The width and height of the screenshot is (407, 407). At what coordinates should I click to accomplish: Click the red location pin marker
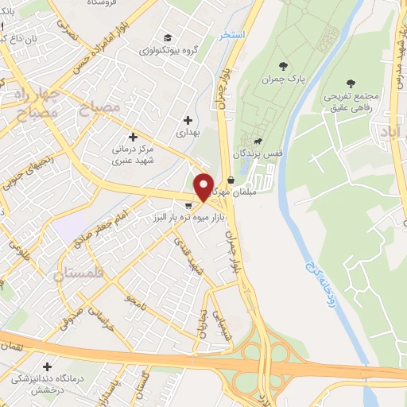pyautogui.click(x=204, y=186)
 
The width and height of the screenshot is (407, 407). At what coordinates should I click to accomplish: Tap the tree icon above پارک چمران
pyautogui.click(x=284, y=65)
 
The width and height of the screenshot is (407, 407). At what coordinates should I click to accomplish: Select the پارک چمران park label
pyautogui.click(x=284, y=79)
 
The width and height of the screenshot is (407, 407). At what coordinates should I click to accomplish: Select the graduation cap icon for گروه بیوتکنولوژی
pyautogui.click(x=168, y=37)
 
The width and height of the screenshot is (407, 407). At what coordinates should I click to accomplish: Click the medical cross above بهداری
pyautogui.click(x=188, y=121)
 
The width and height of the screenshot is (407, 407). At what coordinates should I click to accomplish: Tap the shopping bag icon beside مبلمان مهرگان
pyautogui.click(x=231, y=180)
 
